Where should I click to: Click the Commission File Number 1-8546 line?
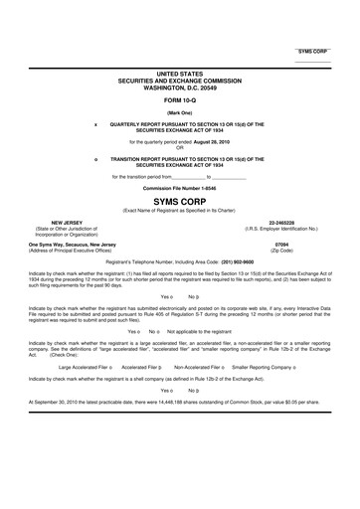pos(179,187)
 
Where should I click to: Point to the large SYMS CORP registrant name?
pos(179,199)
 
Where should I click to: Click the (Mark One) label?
pos(179,112)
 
